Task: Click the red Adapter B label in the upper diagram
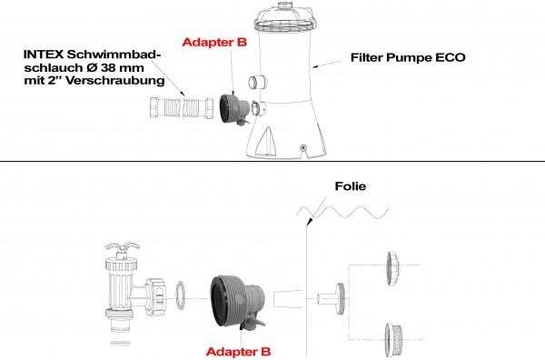tap(214, 42)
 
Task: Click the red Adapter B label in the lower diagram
tap(238, 352)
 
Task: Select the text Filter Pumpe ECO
tap(408, 57)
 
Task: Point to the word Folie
tap(351, 186)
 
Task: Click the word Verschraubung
tap(115, 81)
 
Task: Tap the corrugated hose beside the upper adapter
tap(182, 108)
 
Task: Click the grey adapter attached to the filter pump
tap(234, 108)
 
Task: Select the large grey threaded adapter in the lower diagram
tap(238, 302)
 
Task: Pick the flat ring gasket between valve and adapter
tap(180, 295)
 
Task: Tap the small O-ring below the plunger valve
tap(120, 343)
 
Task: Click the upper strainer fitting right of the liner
tap(393, 269)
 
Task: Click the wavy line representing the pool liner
tap(342, 212)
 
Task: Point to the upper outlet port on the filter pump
tap(258, 83)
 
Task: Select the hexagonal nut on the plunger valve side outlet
tap(155, 296)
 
